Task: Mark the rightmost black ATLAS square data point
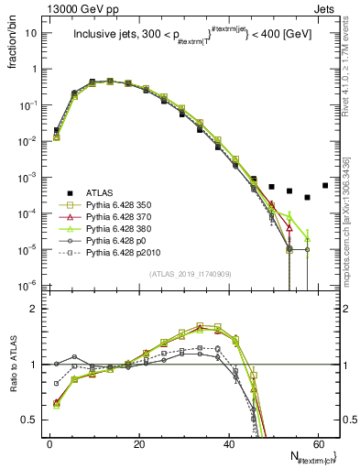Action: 325,186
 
